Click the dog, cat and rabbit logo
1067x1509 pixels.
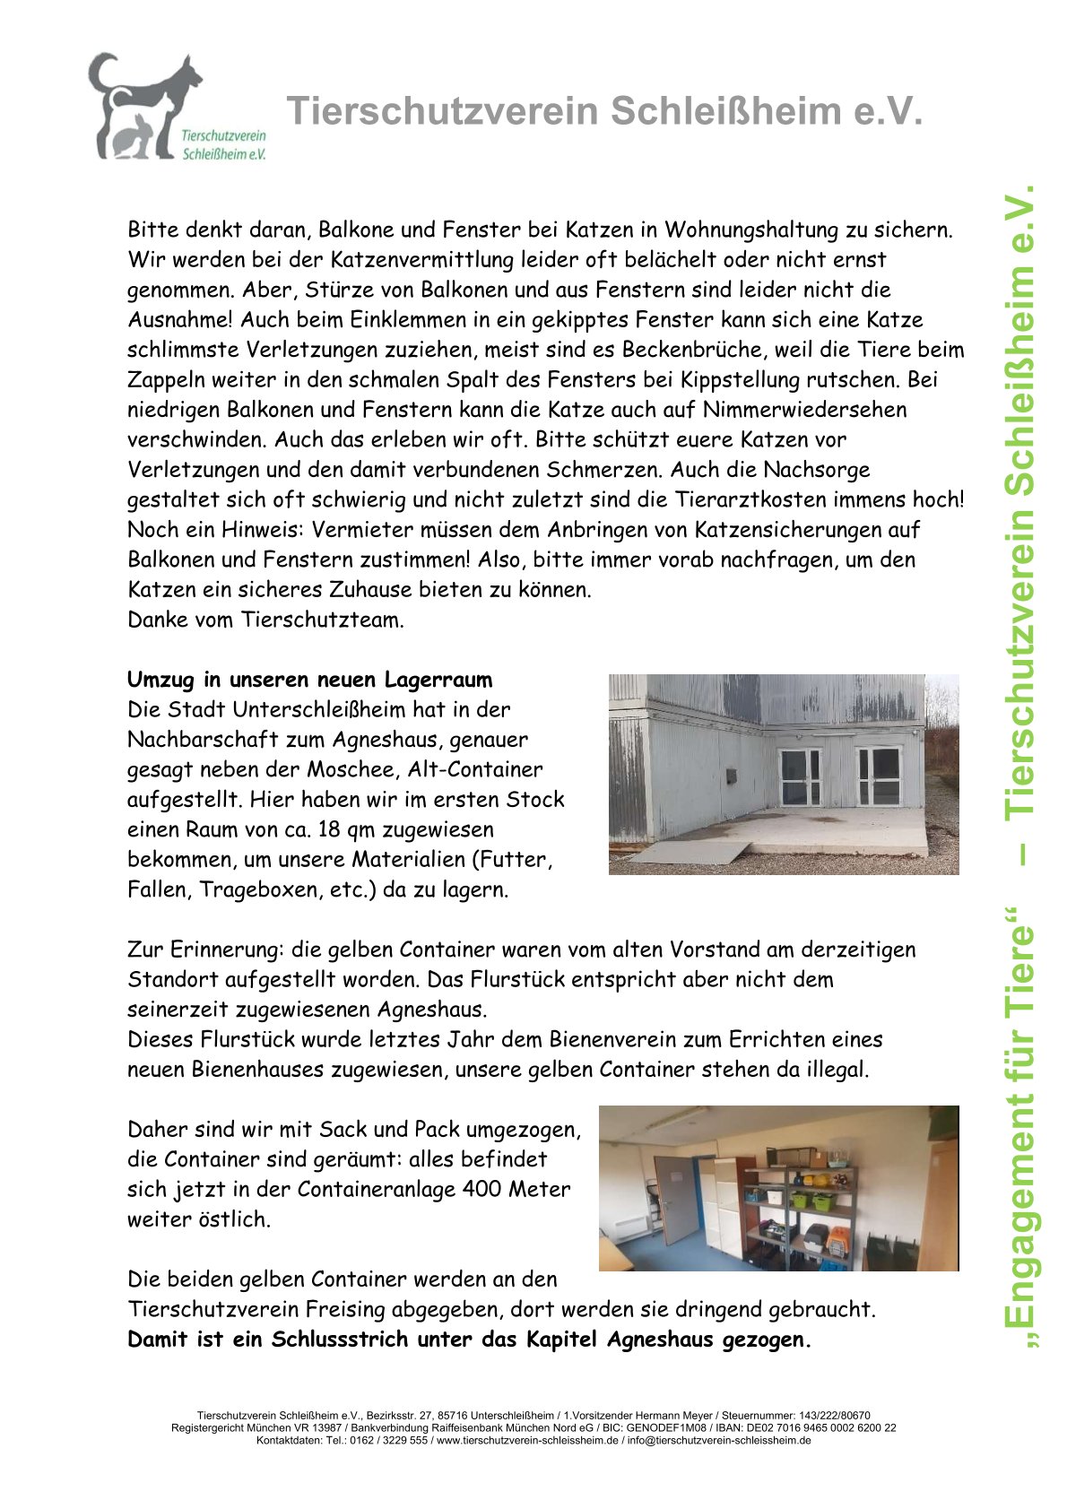pos(148,108)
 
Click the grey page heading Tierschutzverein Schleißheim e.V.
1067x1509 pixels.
pos(604,112)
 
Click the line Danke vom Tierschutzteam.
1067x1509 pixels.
pos(265,620)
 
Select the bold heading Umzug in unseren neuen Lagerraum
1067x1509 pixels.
pos(309,680)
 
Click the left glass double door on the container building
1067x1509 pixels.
pos(800,776)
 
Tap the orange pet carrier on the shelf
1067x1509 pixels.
pos(837,1242)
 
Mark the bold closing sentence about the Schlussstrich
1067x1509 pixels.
pos(469,1340)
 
